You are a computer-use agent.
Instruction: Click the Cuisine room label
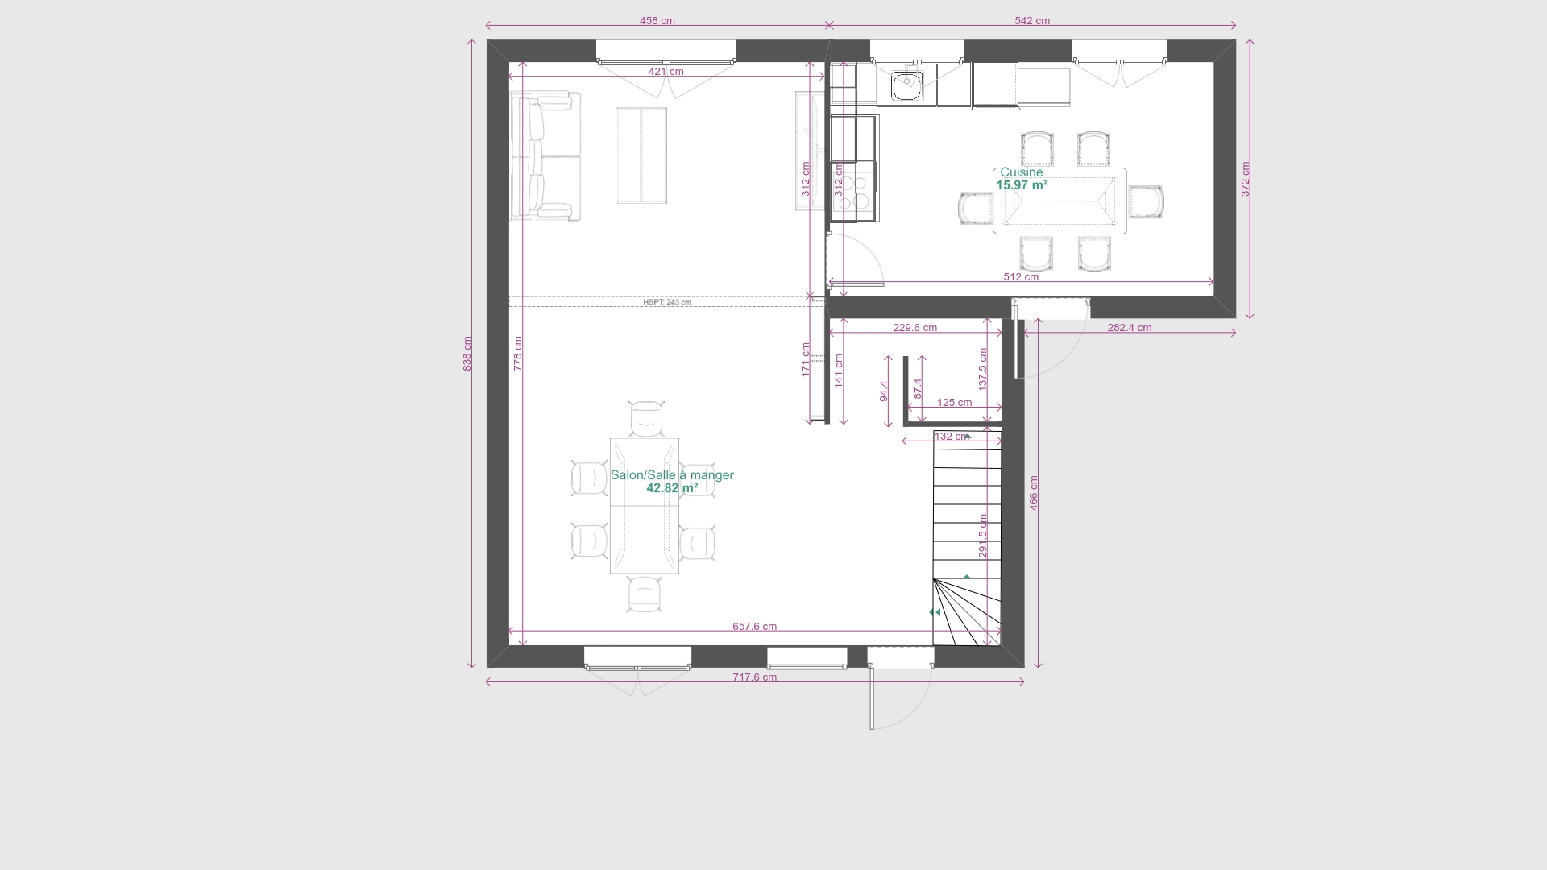point(1022,172)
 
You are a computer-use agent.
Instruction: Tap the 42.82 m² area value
point(672,488)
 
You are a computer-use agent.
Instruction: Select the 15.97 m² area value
point(1022,185)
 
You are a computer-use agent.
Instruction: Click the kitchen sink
point(907,85)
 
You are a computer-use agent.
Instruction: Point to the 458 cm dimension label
point(657,21)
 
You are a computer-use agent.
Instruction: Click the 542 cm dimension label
point(1032,21)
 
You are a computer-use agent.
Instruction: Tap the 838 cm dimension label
point(467,354)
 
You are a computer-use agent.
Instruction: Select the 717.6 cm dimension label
point(755,677)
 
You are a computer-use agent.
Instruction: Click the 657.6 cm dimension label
point(755,627)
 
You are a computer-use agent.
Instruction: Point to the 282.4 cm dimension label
point(1130,328)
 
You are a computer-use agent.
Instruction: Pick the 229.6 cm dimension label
point(915,328)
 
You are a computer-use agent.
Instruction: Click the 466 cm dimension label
point(1034,493)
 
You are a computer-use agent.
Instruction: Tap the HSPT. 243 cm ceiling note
point(667,303)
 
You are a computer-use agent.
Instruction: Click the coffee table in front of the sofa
point(641,155)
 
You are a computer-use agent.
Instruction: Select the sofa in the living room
point(545,156)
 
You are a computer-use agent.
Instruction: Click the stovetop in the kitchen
point(855,191)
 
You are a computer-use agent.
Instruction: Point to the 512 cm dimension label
point(1021,277)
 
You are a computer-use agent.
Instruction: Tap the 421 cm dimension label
point(666,72)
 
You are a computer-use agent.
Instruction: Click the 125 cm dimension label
point(955,403)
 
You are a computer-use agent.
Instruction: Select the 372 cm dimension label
point(1246,179)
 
